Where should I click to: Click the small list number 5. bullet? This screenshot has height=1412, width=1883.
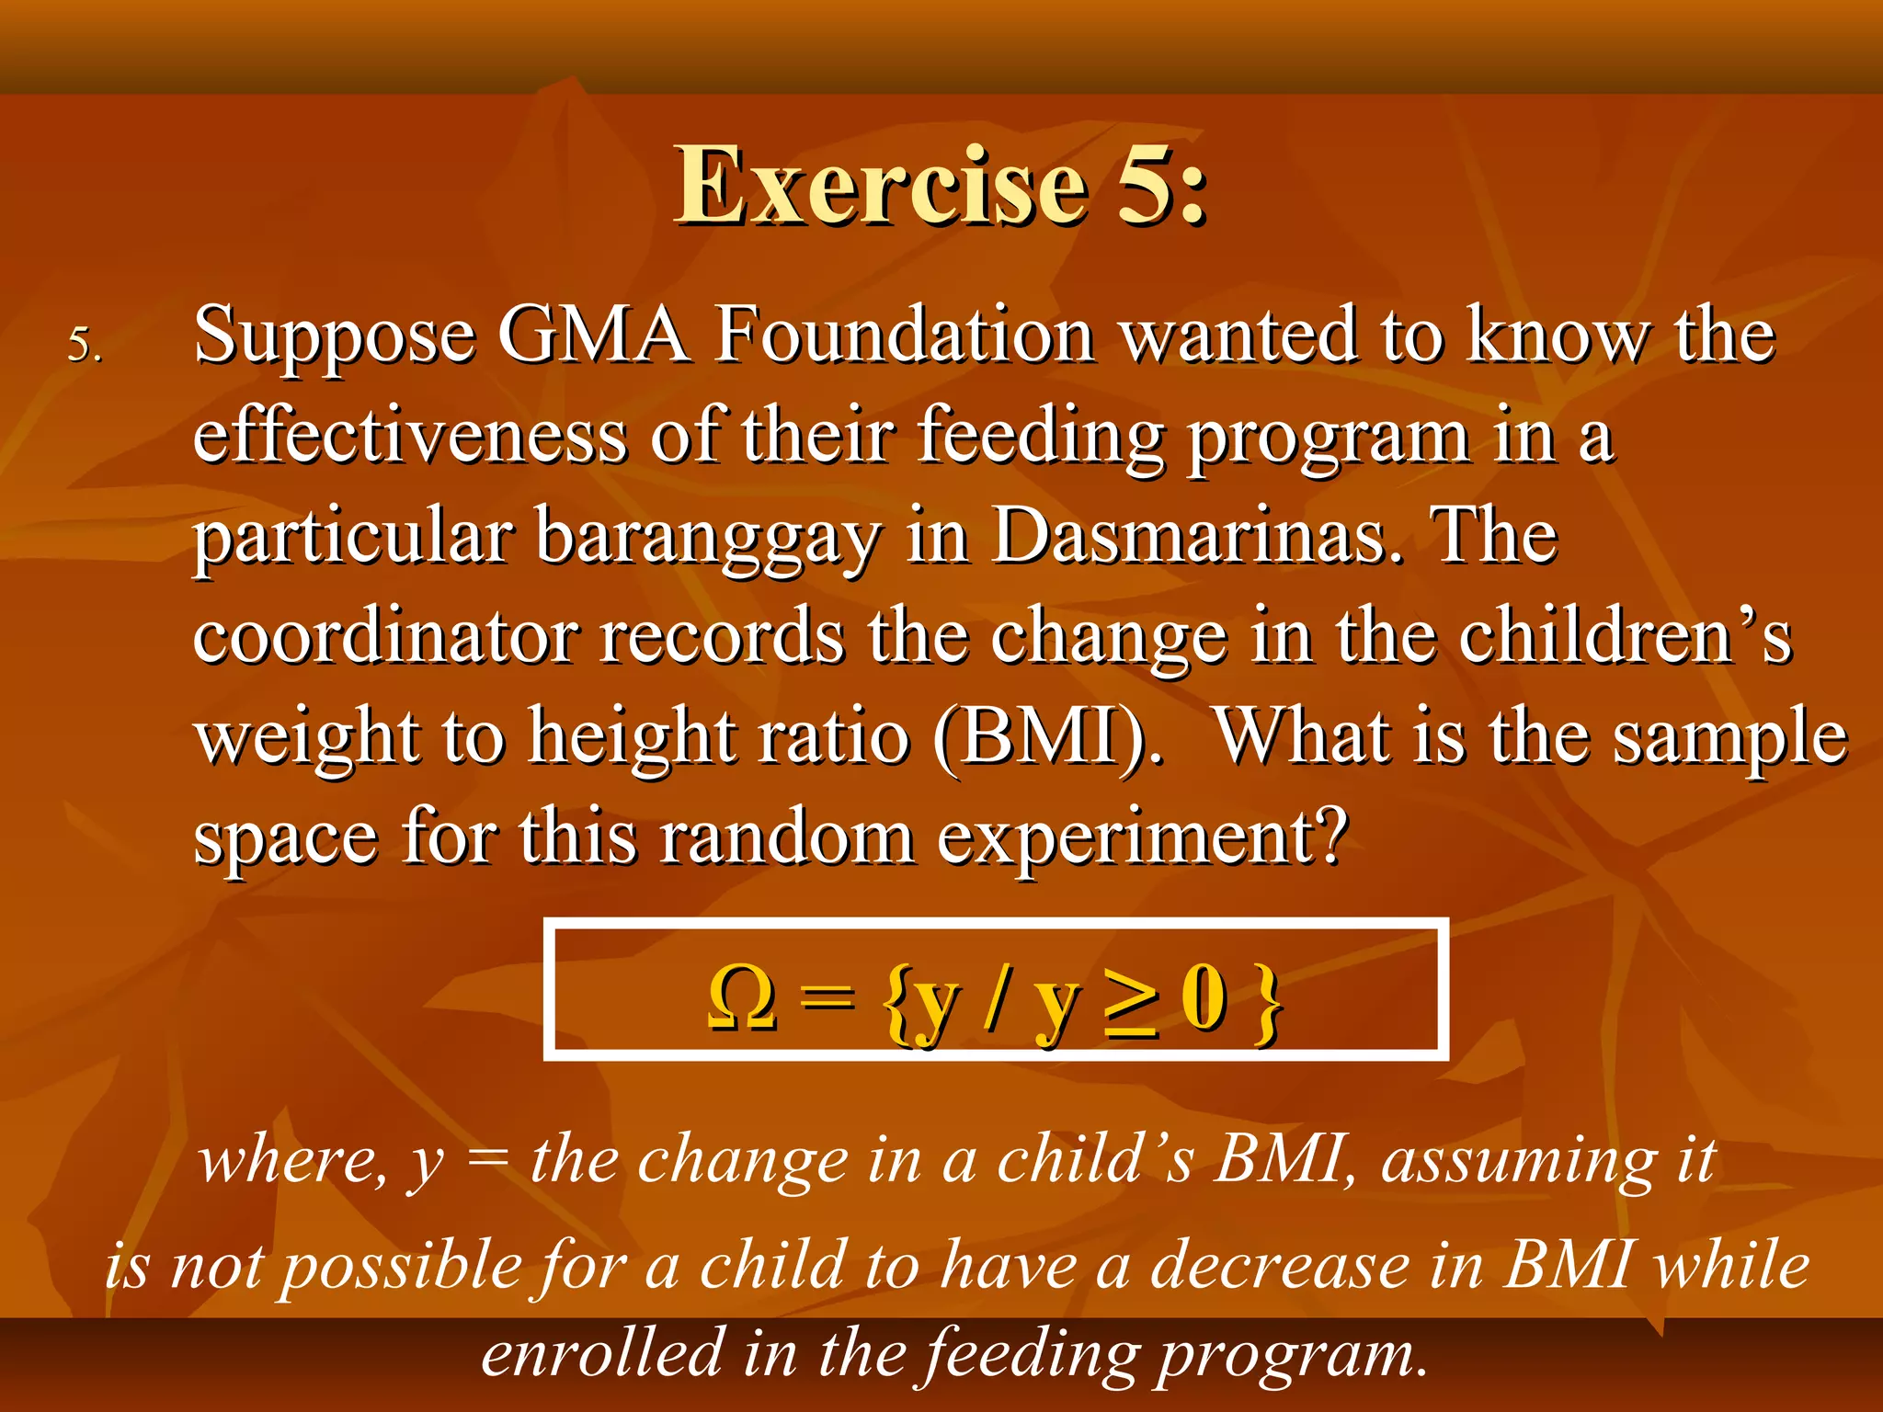pos(85,346)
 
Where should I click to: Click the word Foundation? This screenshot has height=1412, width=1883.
pos(906,336)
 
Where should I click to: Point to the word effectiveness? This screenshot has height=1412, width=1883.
pos(410,436)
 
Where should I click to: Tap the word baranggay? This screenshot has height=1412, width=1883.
pos(708,538)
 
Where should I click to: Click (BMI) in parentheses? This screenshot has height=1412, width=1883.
pos(1047,737)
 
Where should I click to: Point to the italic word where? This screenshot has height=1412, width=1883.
pos(292,1160)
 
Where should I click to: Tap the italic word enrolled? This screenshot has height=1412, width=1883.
pos(602,1353)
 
